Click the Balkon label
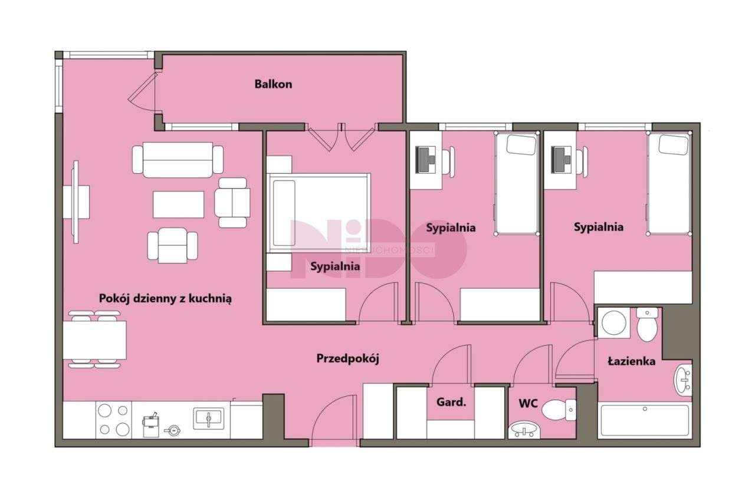pyautogui.click(x=273, y=84)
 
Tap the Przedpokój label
pyautogui.click(x=347, y=358)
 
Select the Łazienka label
pyautogui.click(x=632, y=362)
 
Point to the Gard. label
pyautogui.click(x=451, y=402)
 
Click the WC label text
pyautogui.click(x=528, y=403)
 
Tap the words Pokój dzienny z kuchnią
pyautogui.click(x=165, y=298)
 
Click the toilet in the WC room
pyautogui.click(x=559, y=410)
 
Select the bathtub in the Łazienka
pyautogui.click(x=645, y=420)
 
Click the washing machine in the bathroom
pyautogui.click(x=614, y=323)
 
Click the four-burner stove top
pyautogui.click(x=114, y=420)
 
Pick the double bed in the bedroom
pyautogui.click(x=319, y=213)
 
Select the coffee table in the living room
pyautogui.click(x=178, y=205)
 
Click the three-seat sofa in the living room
pyautogui.click(x=178, y=160)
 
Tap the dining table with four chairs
pyautogui.click(x=95, y=339)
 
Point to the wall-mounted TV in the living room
pyautogui.click(x=76, y=202)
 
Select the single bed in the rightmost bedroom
pyautogui.click(x=668, y=183)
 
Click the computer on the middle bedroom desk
pyautogui.click(x=425, y=160)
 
